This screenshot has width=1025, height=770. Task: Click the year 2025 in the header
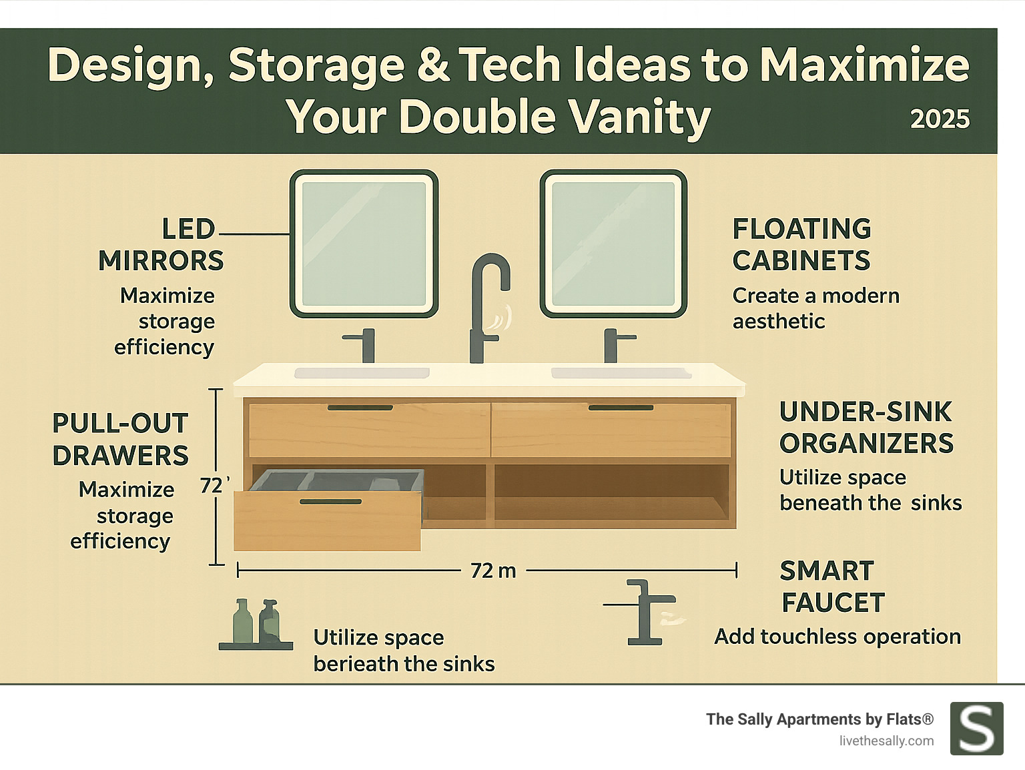pyautogui.click(x=940, y=119)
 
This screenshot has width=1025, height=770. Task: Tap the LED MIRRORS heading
pyautogui.click(x=161, y=245)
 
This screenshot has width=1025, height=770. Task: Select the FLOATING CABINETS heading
pyautogui.click(x=801, y=245)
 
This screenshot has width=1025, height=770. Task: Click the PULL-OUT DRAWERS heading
pyautogui.click(x=121, y=440)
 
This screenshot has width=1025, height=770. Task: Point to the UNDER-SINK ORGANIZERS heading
pyautogui.click(x=866, y=428)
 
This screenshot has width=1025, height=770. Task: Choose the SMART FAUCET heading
pyautogui.click(x=831, y=587)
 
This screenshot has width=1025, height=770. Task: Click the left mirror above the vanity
pyautogui.click(x=364, y=244)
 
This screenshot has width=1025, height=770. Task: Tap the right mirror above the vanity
pyautogui.click(x=613, y=244)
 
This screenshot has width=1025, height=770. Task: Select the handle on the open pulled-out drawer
pyautogui.click(x=330, y=502)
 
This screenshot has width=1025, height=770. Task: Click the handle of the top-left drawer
pyautogui.click(x=360, y=408)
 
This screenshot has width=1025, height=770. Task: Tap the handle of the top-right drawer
pyautogui.click(x=620, y=408)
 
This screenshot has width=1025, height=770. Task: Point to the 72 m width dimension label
pyautogui.click(x=493, y=571)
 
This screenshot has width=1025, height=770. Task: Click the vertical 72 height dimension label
pyautogui.click(x=212, y=485)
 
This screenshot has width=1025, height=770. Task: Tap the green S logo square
pyautogui.click(x=976, y=729)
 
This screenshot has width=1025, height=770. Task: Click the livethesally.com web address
pyautogui.click(x=886, y=741)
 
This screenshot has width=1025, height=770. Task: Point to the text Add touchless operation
pyautogui.click(x=837, y=637)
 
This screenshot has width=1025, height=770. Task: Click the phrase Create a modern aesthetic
pyautogui.click(x=815, y=308)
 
